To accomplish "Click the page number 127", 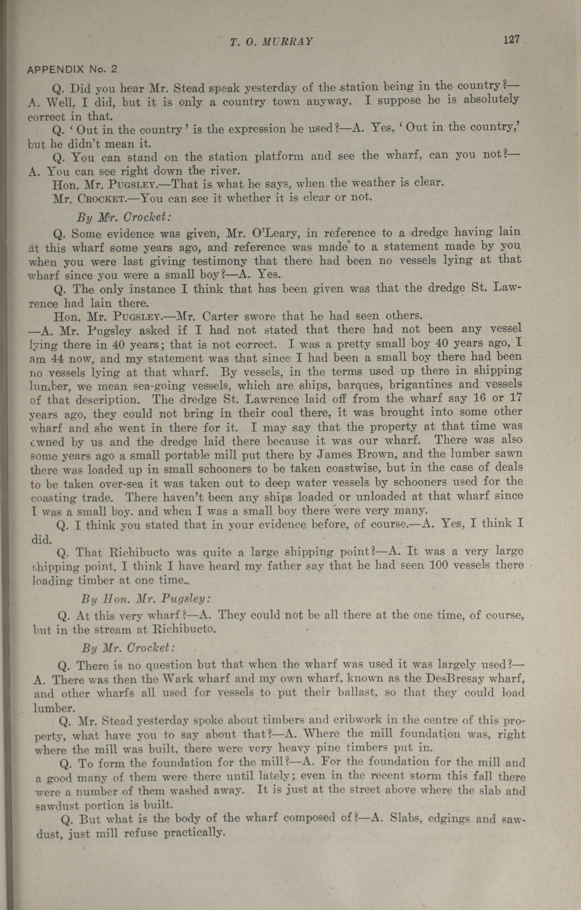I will click(x=511, y=39).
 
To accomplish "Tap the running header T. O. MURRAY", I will click(x=271, y=42).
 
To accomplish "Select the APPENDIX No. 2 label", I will click(x=72, y=69).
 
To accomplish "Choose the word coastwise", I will click(x=353, y=468).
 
